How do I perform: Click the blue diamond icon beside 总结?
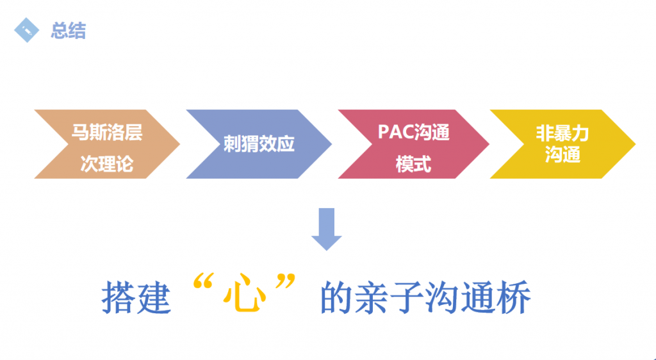tap(26, 30)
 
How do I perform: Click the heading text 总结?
tap(68, 31)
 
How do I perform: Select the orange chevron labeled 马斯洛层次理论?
tap(107, 144)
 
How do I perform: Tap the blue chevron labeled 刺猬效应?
tap(259, 144)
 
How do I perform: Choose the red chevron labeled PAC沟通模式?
tap(413, 144)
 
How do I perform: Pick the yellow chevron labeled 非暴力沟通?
tap(562, 144)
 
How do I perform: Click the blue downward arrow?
tap(326, 229)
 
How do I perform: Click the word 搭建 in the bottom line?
tap(136, 297)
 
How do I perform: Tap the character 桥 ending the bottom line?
tap(513, 297)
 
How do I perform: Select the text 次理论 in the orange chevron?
tap(107, 164)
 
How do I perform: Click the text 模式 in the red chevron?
tap(413, 164)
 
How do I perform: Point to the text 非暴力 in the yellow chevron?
tap(562, 134)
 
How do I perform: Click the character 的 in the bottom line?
tap(336, 297)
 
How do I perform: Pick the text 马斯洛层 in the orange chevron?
tap(107, 132)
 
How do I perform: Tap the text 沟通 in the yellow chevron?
tap(562, 155)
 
